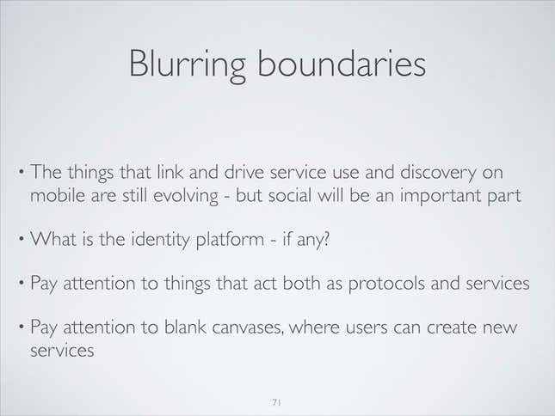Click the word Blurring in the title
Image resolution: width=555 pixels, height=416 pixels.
pos(188,65)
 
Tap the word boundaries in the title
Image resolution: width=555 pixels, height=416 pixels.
pos(342,64)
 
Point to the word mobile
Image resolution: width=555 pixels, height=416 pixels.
pos(58,195)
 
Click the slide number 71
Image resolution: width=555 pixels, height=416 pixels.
pos(277,402)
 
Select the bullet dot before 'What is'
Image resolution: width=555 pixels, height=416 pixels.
pos(22,240)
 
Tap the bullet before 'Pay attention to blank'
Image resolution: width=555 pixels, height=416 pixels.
pos(22,327)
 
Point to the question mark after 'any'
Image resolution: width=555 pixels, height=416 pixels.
pos(326,239)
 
